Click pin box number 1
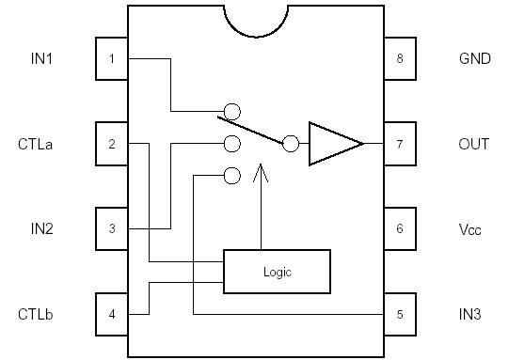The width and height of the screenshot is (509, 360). (112, 59)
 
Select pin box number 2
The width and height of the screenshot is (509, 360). (112, 144)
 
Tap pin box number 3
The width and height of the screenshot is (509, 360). (112, 228)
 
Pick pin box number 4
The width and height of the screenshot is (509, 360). (112, 313)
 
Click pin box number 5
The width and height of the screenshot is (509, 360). (400, 313)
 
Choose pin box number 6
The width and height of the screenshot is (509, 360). (400, 228)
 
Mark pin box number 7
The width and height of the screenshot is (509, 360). (400, 144)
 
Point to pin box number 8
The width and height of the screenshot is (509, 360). (400, 59)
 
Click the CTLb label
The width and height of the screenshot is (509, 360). (36, 313)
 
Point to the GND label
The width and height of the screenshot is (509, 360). (473, 59)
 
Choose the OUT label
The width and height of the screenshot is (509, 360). (473, 144)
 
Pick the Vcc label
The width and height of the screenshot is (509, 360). (469, 228)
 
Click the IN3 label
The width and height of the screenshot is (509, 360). (469, 314)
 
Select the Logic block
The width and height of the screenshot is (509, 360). (277, 272)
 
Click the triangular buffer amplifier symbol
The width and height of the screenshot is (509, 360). (331, 144)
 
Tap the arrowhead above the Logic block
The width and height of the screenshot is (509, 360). (261, 173)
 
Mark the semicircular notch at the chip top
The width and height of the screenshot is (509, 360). (256, 19)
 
